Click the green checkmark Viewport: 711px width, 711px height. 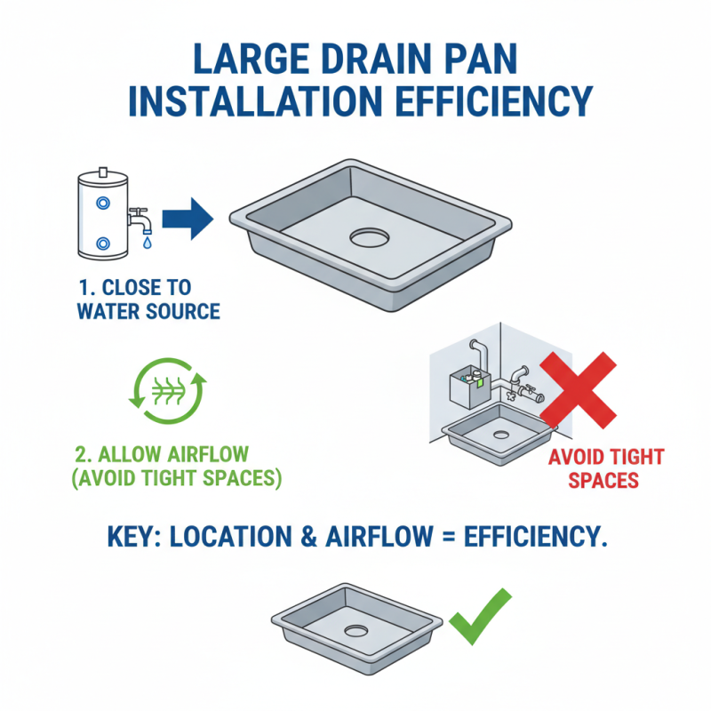tap(480, 617)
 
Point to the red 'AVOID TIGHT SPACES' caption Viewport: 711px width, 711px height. tap(605, 468)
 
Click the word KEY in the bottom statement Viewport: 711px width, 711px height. tap(131, 538)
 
